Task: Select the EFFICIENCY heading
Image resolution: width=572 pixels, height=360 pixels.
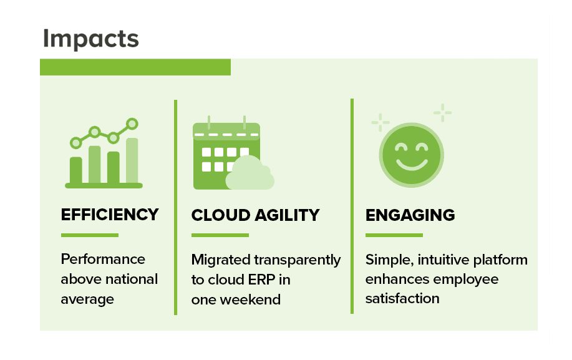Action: coord(110,215)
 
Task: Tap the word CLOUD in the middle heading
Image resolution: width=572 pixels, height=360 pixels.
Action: coord(220,215)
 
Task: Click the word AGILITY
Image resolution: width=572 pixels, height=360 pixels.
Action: coord(287,215)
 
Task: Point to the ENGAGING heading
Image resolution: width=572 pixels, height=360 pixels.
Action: coord(410,215)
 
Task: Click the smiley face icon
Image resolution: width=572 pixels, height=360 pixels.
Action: coord(412,155)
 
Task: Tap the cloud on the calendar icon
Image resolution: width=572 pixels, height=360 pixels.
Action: coord(250,173)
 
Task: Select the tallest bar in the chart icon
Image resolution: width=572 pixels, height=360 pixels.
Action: coord(132,160)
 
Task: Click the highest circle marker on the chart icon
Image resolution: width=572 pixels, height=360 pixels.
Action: coord(132,124)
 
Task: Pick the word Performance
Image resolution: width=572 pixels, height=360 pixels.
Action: coord(103,259)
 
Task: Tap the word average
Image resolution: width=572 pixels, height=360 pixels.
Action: coord(87,299)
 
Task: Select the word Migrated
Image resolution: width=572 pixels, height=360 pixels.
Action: coord(221,260)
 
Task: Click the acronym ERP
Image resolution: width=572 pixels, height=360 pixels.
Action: coord(261,280)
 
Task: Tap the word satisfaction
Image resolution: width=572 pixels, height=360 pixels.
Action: coord(402,298)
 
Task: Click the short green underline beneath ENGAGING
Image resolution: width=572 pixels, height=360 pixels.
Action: coord(394,235)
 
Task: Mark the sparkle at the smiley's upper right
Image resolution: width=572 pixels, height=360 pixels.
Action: coord(442,113)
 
